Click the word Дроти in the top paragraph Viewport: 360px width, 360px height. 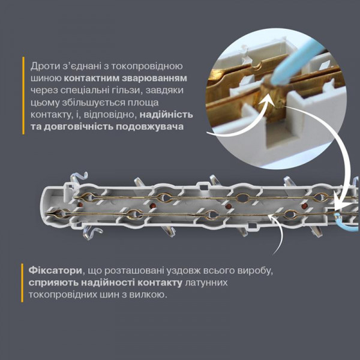pyautogui.click(x=45, y=65)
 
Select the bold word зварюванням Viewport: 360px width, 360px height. pyautogui.click(x=157, y=78)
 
